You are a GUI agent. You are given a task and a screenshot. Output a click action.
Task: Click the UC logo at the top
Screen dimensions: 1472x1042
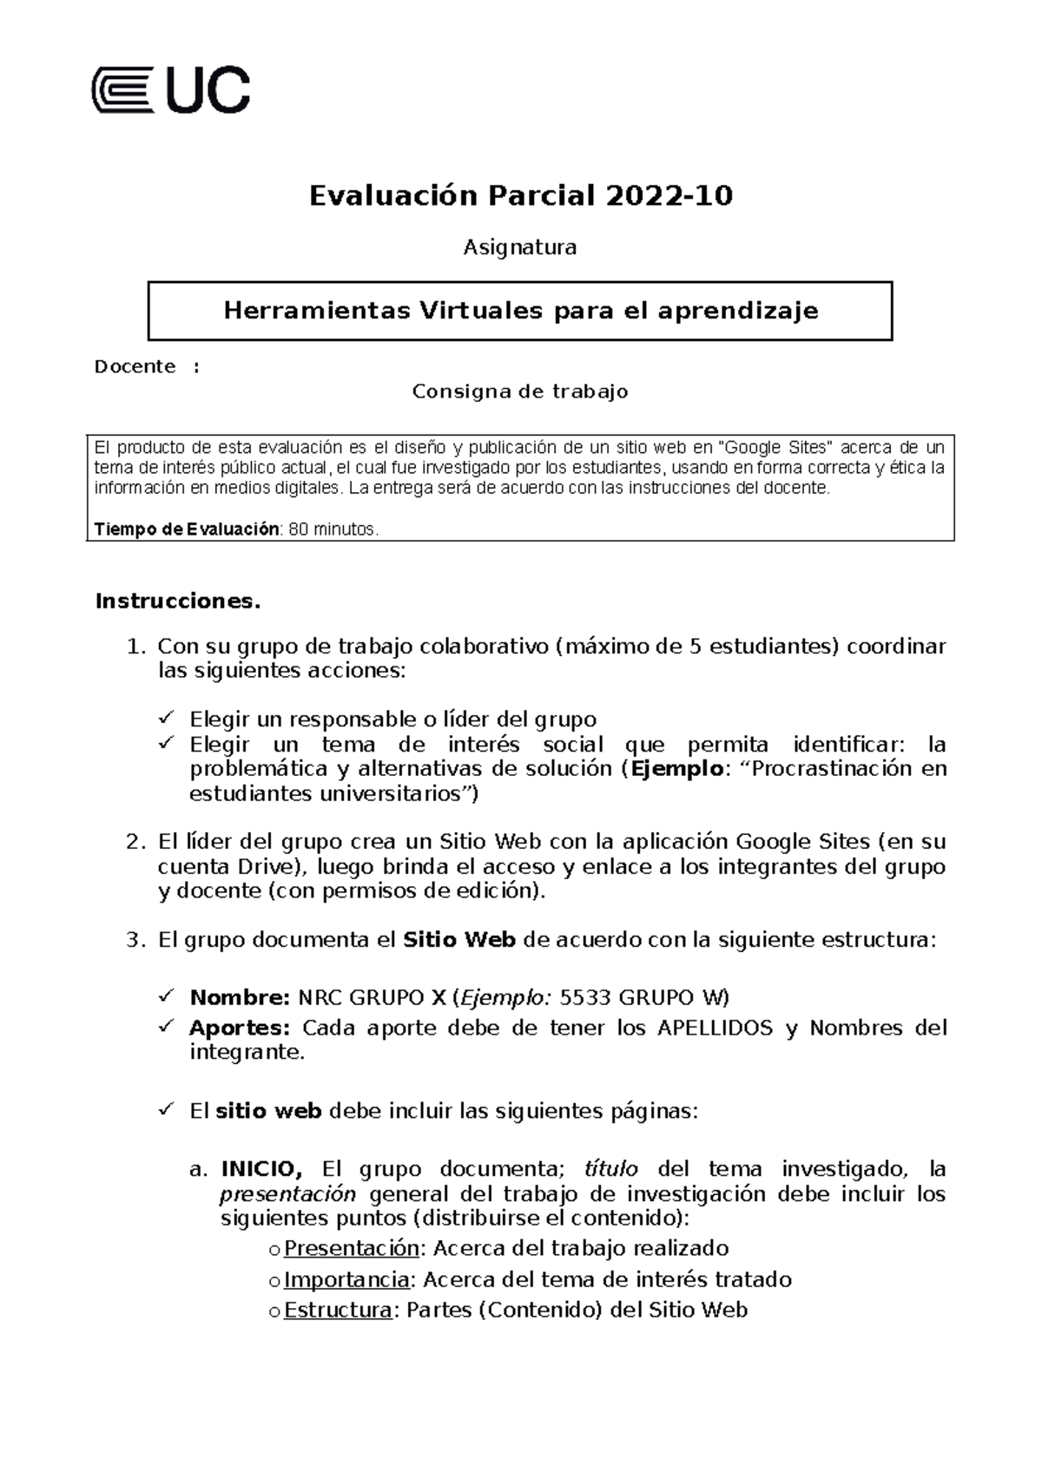[171, 89]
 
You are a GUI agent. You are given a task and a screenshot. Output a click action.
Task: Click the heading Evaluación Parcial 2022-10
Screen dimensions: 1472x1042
[521, 196]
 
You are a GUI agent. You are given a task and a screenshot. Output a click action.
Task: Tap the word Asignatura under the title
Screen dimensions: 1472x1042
[519, 248]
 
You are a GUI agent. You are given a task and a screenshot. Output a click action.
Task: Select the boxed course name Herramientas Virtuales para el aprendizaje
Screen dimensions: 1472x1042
[521, 311]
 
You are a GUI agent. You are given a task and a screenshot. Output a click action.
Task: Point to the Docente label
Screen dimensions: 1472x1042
[135, 366]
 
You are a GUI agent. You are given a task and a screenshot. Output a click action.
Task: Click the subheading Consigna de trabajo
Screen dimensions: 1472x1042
[519, 392]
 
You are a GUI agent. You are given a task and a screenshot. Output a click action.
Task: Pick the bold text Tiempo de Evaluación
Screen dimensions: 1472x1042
[187, 529]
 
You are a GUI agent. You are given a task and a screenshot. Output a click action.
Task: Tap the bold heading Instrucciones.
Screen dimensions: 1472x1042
[177, 601]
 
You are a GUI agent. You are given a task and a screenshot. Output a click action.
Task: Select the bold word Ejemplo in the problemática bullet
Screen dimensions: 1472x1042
[676, 769]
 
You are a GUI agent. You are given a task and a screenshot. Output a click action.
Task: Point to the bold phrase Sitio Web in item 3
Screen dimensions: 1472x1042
[460, 940]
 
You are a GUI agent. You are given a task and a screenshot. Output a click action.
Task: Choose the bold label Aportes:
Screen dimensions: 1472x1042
[239, 1028]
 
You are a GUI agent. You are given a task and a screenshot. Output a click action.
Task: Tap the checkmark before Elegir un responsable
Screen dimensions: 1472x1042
[166, 719]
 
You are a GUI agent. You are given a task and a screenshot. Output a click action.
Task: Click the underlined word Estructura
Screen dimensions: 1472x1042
[338, 1311]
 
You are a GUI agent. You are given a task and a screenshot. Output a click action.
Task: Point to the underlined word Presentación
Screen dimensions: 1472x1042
[352, 1249]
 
